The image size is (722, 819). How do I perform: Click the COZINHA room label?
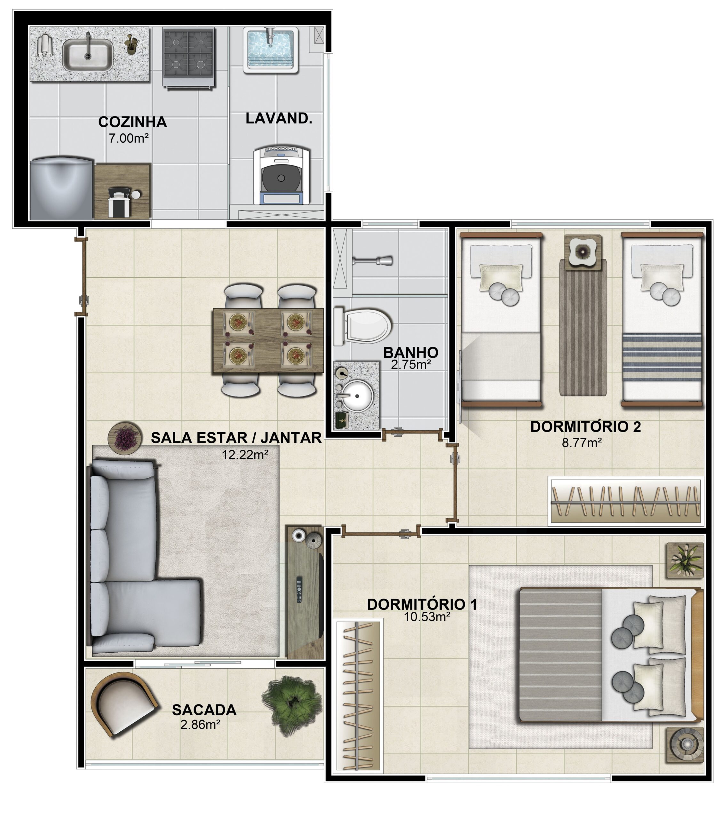133,122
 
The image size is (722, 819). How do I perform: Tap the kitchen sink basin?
88,55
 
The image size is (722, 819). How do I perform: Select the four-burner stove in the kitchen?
188,57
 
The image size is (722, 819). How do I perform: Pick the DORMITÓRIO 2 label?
585,427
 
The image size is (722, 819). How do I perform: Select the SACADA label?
204,710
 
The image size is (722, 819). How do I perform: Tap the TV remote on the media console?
299,589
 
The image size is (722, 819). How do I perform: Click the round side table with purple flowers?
125,438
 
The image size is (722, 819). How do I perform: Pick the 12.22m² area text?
245,454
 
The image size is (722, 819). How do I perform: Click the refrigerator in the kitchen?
62,188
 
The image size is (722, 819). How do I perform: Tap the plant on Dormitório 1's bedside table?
685,560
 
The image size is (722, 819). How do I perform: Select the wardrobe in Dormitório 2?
626,501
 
